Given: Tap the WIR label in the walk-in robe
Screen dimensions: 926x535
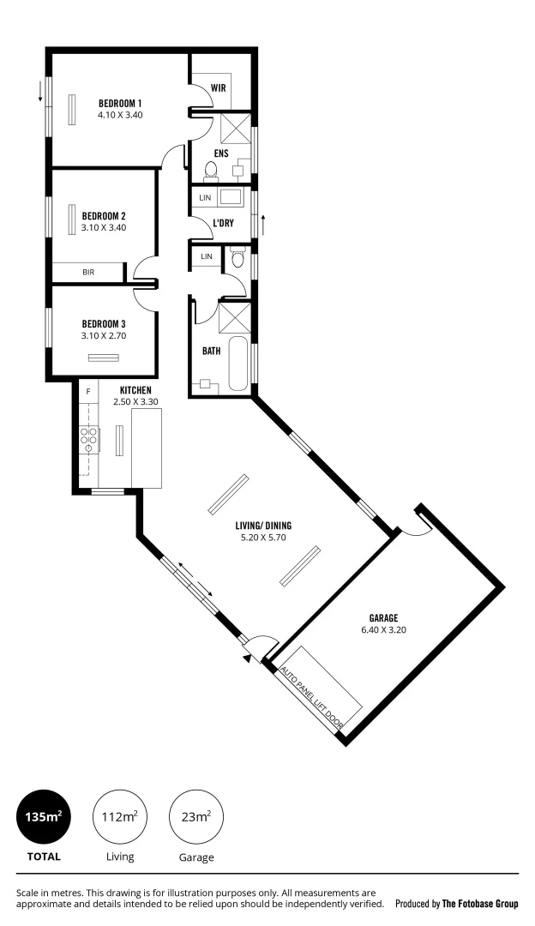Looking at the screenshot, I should (218, 87).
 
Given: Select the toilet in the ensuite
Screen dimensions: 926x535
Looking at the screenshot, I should (211, 171).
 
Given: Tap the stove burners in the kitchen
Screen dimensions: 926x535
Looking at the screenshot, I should (88, 439).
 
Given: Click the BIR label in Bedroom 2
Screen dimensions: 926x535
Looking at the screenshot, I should (88, 272).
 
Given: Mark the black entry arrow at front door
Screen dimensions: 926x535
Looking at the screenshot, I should (248, 658).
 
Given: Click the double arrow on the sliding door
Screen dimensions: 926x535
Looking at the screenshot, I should (201, 585).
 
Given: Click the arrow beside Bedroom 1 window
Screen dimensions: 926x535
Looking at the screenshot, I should (39, 91).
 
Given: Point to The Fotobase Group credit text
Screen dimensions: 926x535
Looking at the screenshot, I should (480, 904).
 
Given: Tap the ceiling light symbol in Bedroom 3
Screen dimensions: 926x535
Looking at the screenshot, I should (104, 358).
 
